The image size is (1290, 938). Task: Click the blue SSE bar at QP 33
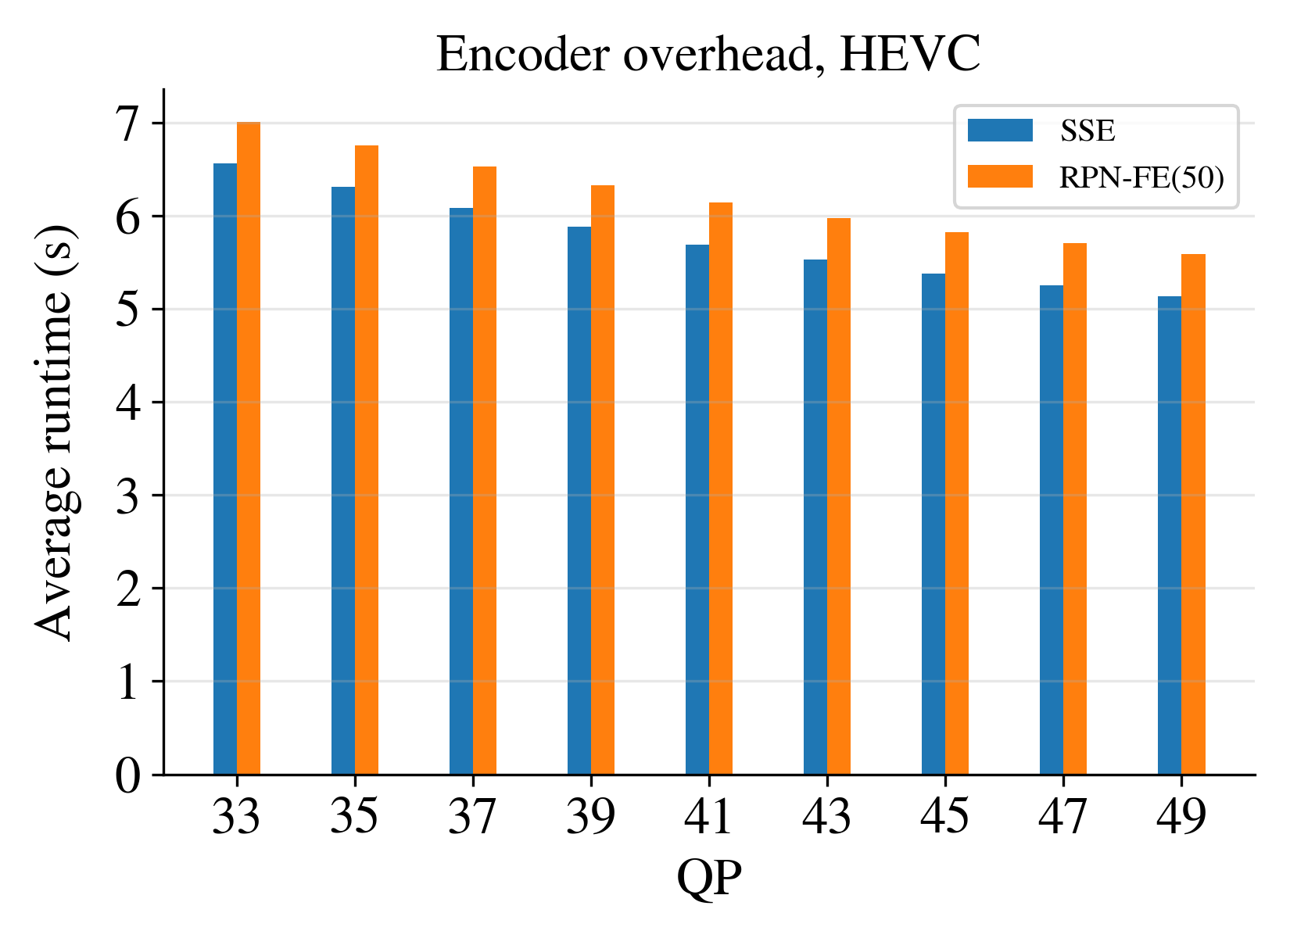click(225, 469)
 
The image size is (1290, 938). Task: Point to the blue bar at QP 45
click(933, 524)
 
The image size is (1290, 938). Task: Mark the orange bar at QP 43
click(839, 496)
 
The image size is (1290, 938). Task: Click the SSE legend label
click(1088, 131)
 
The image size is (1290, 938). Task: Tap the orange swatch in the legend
click(1000, 177)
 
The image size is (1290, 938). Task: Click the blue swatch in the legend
click(1000, 130)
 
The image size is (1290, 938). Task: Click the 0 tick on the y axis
click(129, 775)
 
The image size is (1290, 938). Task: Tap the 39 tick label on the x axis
click(591, 816)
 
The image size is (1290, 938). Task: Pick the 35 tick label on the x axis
click(355, 816)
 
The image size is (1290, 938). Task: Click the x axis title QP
click(709, 879)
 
